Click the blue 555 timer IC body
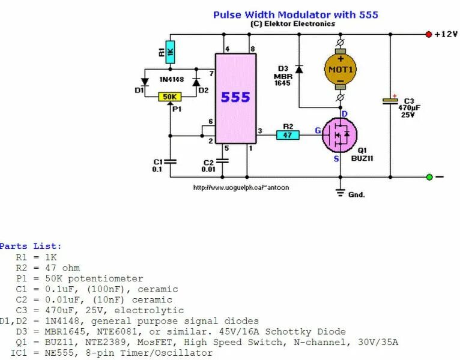tap(236, 98)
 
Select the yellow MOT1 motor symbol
tap(340, 69)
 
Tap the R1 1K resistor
tap(170, 50)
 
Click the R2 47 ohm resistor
tap(288, 134)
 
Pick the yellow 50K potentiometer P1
tap(170, 97)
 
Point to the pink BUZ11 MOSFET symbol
tap(340, 134)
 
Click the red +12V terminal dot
tap(429, 34)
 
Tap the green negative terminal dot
tap(429, 177)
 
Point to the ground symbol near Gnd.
tap(340, 193)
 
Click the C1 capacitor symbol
tap(170, 161)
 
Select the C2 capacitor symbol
tap(223, 161)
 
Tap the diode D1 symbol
tap(145, 82)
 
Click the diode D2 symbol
tap(195, 82)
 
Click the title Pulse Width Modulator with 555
tap(295, 14)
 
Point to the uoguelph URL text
tap(241, 188)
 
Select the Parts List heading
tap(31, 246)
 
